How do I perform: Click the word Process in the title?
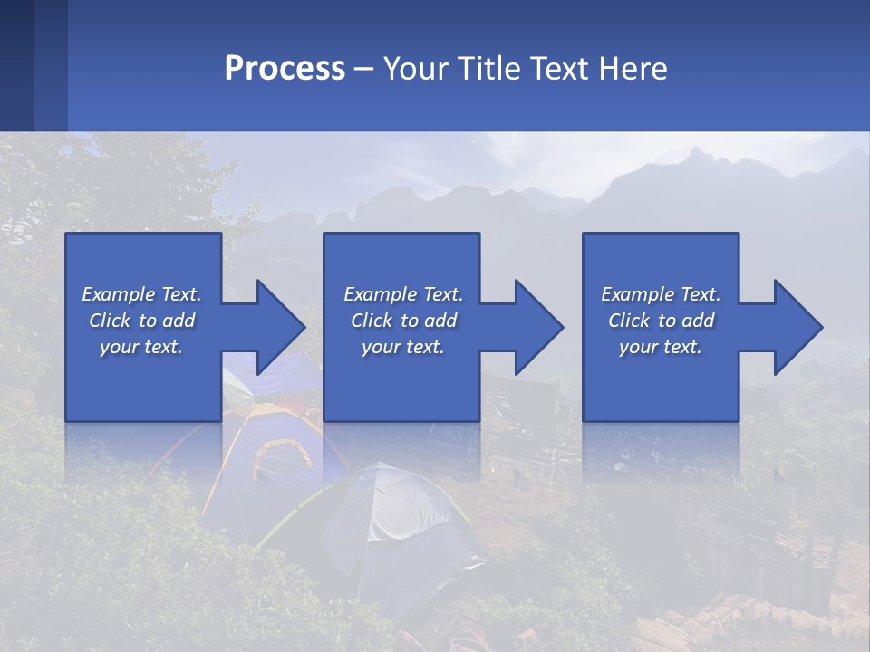click(285, 69)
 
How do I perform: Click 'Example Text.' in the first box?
click(142, 294)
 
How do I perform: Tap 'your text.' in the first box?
click(142, 347)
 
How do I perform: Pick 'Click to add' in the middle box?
click(403, 321)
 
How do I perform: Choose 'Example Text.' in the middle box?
click(403, 294)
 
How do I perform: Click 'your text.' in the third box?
click(661, 347)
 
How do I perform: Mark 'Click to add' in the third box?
click(661, 321)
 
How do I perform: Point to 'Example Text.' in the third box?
click(661, 294)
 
